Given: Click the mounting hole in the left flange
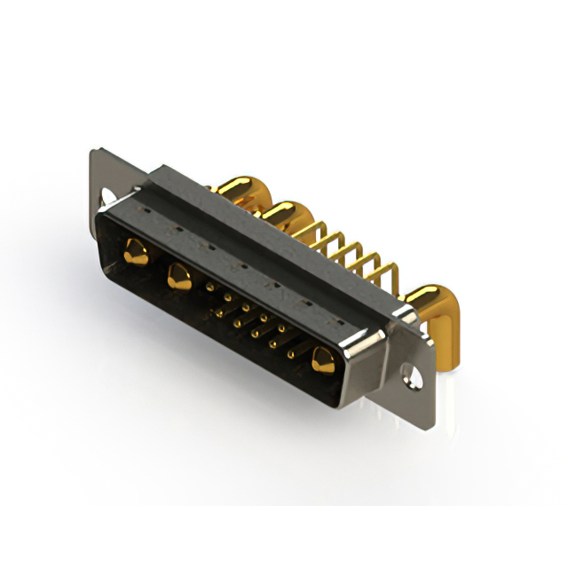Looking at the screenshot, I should tap(109, 196).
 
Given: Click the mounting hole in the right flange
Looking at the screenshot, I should tap(414, 374).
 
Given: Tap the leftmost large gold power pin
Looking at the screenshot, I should tap(135, 250).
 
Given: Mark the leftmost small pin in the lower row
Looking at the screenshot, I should tap(218, 310).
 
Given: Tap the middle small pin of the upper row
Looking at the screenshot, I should tap(246, 308).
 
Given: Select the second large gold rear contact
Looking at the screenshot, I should tap(282, 213).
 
